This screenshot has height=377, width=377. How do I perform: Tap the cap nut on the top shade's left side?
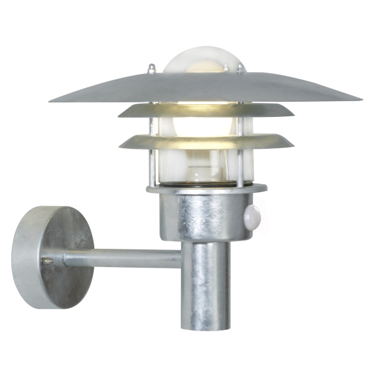tap(151, 68)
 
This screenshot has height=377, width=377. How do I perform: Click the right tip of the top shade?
tap(359, 98)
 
